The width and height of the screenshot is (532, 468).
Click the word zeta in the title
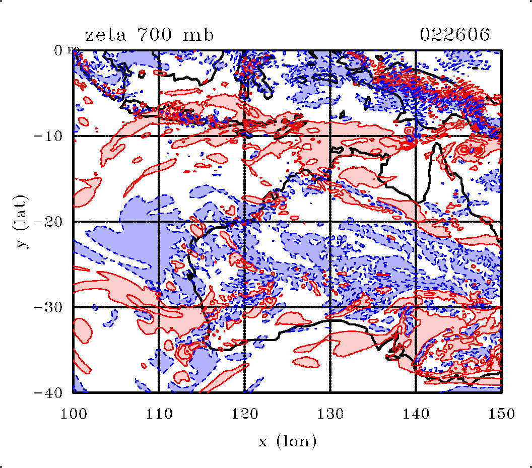tap(104, 35)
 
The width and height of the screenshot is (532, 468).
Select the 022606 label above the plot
tap(454, 35)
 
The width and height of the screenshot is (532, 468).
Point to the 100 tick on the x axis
tap(73, 414)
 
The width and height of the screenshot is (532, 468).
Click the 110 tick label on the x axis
tap(159, 414)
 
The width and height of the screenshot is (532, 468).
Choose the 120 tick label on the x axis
tap(244, 414)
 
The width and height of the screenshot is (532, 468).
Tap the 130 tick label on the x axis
tap(330, 414)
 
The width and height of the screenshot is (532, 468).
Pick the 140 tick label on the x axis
tap(416, 414)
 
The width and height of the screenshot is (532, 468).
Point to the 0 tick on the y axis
tap(58, 50)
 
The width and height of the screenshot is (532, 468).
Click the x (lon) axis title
tap(287, 442)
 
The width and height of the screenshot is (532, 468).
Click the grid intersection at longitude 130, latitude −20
tap(330, 222)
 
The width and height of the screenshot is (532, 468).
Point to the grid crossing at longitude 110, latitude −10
tap(159, 136)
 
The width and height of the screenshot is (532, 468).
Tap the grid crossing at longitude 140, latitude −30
tap(416, 307)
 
